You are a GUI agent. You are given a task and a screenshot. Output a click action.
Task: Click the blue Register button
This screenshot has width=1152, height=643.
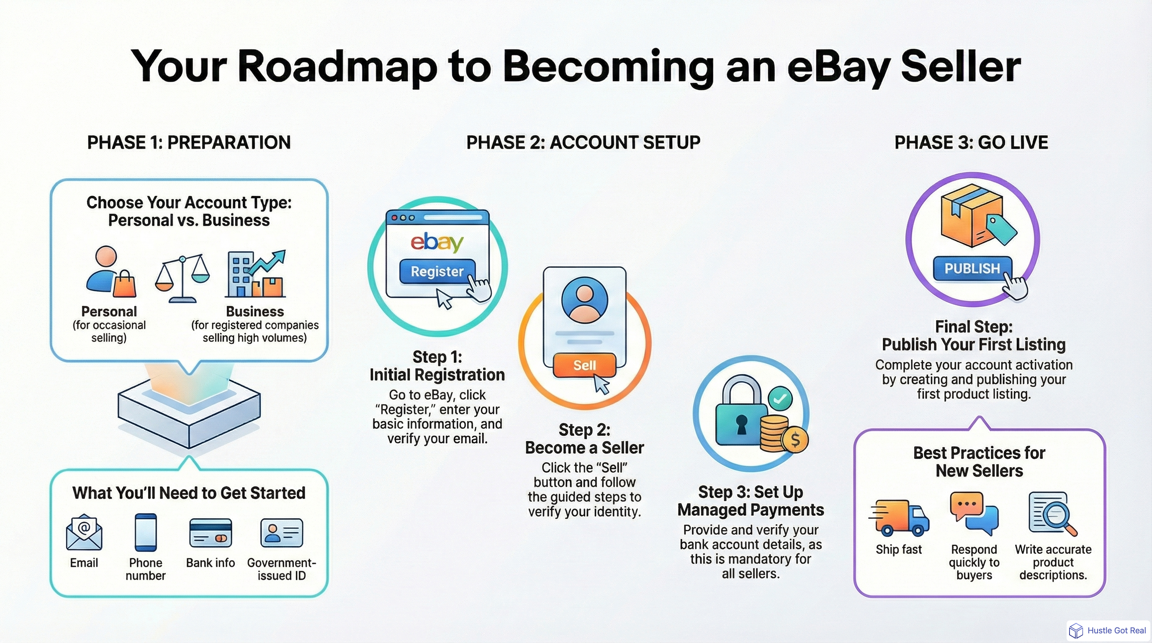[437, 271]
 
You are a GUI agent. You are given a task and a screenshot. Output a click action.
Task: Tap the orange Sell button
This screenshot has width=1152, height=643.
[584, 365]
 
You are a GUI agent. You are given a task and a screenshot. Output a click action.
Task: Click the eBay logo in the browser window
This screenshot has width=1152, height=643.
[437, 242]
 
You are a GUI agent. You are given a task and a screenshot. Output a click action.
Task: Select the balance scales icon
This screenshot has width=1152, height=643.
[182, 277]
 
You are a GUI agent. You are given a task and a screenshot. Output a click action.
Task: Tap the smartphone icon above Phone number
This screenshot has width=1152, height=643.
[146, 532]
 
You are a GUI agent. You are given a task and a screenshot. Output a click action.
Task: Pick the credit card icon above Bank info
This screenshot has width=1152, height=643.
[210, 533]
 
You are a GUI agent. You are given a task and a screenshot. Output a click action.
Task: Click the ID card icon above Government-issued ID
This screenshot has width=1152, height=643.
[281, 533]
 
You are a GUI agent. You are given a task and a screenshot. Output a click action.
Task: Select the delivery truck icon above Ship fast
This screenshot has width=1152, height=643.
[899, 518]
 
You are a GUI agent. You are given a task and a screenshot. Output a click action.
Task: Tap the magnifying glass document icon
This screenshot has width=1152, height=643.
[1052, 514]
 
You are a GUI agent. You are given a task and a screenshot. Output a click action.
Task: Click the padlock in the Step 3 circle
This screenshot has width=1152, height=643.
[741, 416]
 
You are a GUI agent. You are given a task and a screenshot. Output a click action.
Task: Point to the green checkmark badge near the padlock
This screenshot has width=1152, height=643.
[780, 398]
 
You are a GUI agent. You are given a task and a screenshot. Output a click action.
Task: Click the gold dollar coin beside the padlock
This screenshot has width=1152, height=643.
[795, 440]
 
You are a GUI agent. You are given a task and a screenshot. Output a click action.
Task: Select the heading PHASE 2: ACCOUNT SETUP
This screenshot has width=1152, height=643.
[583, 143]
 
